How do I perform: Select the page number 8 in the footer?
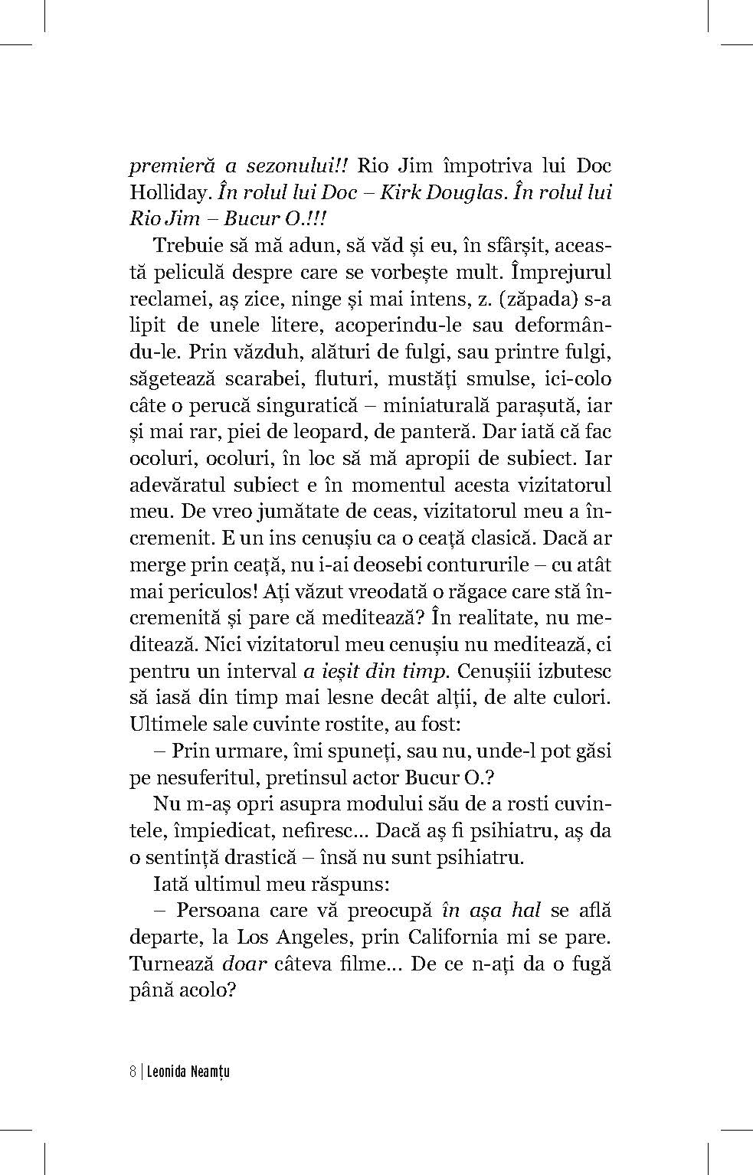[133, 1071]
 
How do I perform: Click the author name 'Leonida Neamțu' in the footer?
[187, 1071]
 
